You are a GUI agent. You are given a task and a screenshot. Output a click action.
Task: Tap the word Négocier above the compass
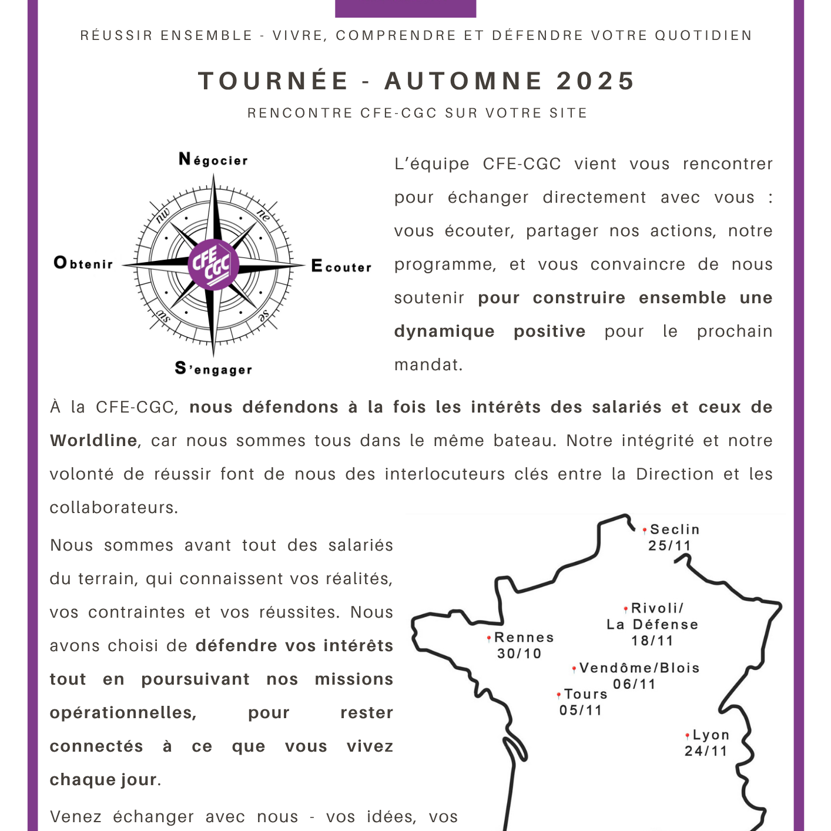[x=213, y=160]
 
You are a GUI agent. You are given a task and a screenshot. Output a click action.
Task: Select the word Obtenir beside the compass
[x=83, y=263]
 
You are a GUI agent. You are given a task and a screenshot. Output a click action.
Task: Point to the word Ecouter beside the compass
[x=341, y=267]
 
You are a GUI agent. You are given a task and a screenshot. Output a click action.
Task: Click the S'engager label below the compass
[x=214, y=369]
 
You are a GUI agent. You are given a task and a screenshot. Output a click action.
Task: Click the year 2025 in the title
[x=596, y=81]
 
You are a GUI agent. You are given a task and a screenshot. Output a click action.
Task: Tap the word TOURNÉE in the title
[x=274, y=81]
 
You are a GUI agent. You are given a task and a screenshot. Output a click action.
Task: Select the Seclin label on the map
[x=675, y=530]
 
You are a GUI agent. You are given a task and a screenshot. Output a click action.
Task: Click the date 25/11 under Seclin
[x=669, y=546]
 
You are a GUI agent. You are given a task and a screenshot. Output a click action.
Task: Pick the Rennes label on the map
[x=524, y=638]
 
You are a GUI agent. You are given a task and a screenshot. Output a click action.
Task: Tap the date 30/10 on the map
[x=520, y=654]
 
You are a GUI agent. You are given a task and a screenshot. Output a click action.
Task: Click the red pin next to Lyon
[x=687, y=736]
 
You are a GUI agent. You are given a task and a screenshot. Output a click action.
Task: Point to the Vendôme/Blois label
[x=639, y=668]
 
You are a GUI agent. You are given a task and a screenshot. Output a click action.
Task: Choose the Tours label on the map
[x=586, y=694]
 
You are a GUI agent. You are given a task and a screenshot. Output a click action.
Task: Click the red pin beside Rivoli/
[x=626, y=609]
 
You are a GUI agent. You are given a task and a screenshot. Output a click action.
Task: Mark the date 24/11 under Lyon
[x=706, y=751]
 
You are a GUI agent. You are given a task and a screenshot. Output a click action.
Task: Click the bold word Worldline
[x=93, y=441]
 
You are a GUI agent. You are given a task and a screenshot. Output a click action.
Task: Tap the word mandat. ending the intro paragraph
[x=428, y=365]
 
